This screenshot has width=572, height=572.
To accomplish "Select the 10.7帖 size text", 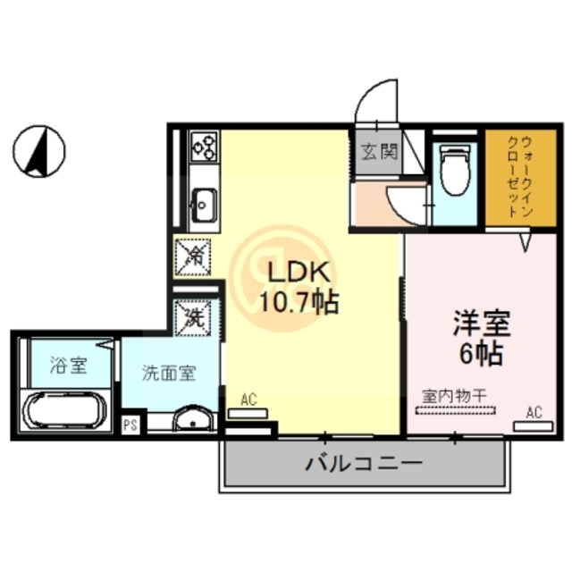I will (x=299, y=302).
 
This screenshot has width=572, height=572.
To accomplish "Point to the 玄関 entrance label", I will (x=379, y=152).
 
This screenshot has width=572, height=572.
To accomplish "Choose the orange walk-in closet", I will (x=519, y=178).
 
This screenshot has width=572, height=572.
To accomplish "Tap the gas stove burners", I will (x=205, y=146).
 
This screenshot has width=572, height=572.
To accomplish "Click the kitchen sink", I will (x=202, y=204).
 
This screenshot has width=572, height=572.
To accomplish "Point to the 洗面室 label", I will (x=168, y=374).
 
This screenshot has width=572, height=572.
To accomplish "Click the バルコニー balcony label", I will (x=363, y=464).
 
